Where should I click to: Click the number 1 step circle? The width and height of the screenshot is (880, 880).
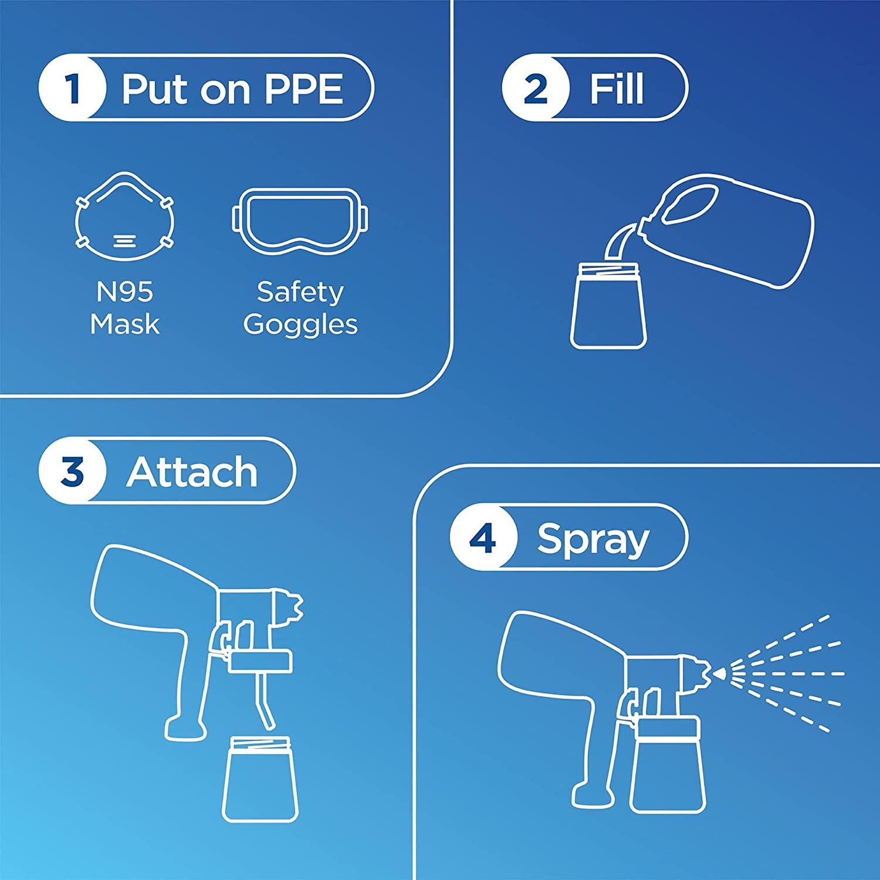tap(73, 88)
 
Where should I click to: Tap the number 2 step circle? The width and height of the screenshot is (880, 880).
tap(535, 88)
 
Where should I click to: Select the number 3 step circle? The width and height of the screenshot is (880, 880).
tap(73, 471)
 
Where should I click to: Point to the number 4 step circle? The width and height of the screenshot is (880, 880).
tap(483, 537)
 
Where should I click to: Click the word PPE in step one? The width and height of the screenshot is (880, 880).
tap(303, 89)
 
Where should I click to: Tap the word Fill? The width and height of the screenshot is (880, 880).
tap(616, 89)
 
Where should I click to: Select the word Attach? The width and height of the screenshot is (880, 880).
tap(192, 472)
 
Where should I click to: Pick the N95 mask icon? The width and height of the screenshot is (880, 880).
tap(124, 216)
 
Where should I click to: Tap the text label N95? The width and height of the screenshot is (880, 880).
tap(124, 292)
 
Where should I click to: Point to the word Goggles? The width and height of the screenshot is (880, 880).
tap(300, 325)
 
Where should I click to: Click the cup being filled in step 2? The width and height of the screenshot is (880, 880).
tap(608, 306)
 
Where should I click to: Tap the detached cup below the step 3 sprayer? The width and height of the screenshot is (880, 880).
tap(260, 779)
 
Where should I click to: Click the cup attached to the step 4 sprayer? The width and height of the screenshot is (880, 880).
tap(668, 764)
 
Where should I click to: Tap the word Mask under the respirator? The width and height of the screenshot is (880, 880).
tap(124, 324)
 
